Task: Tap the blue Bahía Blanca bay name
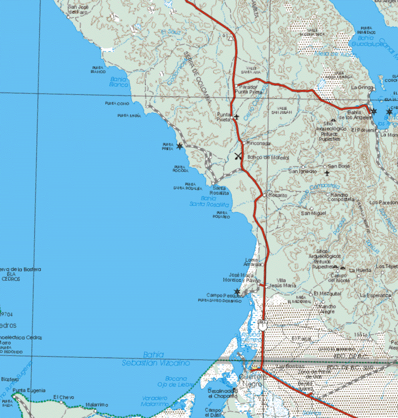[119, 81]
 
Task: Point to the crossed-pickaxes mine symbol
[239, 156]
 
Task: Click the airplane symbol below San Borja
[327, 173]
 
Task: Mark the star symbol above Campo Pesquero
[237, 291]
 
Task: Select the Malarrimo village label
[96, 405]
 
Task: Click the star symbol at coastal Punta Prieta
[180, 146]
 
